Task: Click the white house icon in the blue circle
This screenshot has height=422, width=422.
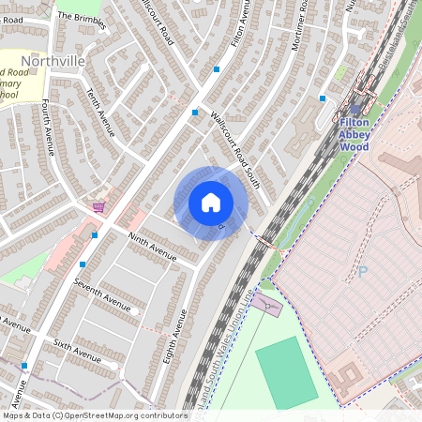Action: click(x=211, y=203)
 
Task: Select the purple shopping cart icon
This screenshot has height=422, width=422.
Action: click(x=98, y=206)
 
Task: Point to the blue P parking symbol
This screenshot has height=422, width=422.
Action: click(x=362, y=271)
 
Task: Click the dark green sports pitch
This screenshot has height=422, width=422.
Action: click(x=287, y=372)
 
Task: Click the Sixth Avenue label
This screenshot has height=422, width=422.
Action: click(x=77, y=351)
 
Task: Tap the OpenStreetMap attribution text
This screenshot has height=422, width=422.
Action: click(x=94, y=415)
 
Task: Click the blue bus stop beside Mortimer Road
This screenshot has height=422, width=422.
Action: click(x=323, y=98)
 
